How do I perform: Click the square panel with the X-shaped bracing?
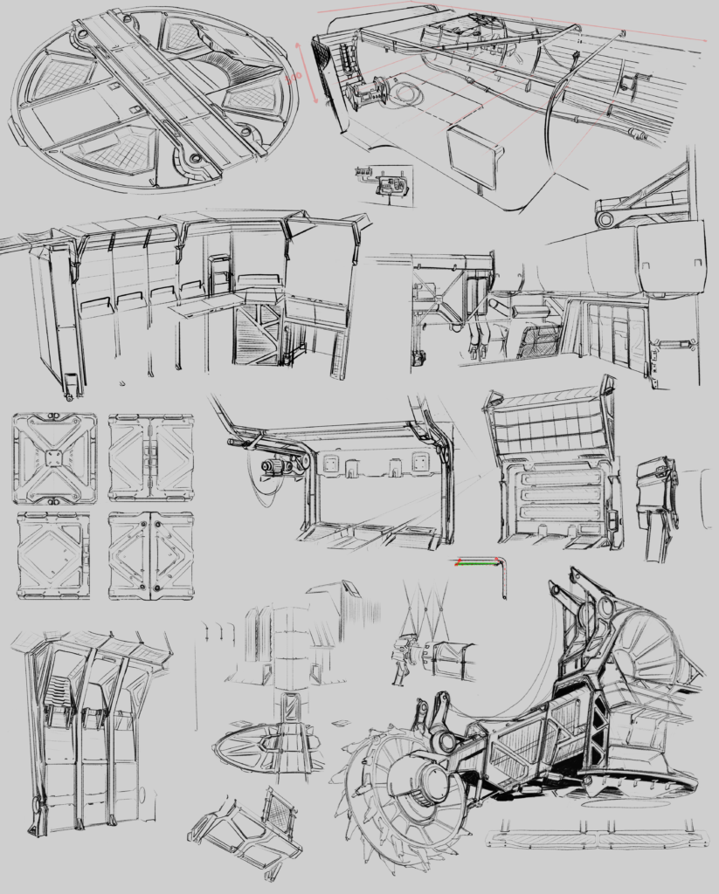coord(54,458)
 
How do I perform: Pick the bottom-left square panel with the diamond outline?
coord(53,554)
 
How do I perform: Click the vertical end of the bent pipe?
coord(505,581)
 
